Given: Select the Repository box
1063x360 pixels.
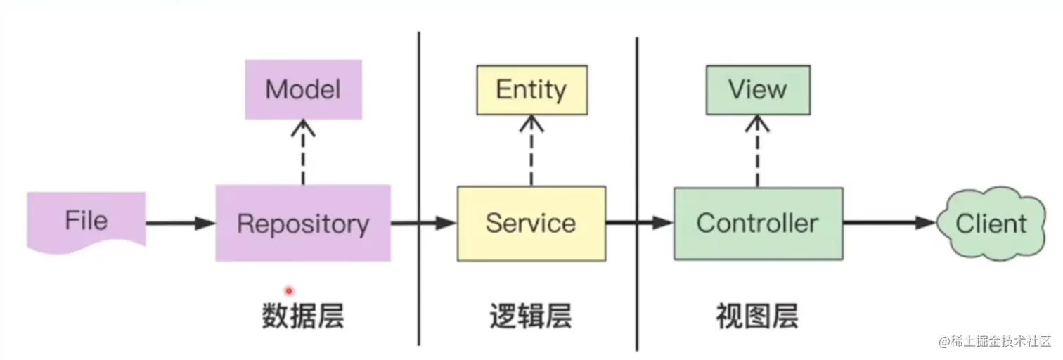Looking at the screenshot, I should (303, 224).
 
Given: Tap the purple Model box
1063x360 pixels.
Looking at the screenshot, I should (303, 89).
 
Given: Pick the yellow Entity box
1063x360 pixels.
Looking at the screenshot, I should (531, 90).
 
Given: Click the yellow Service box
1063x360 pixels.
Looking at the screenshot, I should (531, 224).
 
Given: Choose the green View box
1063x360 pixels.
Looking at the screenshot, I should (757, 90).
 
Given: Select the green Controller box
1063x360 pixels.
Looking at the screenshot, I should (758, 224).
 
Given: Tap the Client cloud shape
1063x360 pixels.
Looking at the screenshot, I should (991, 224).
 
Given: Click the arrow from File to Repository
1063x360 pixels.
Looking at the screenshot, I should (180, 224).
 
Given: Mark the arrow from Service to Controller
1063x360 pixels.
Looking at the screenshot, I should (639, 224).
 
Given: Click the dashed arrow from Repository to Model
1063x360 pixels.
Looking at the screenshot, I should (303, 152).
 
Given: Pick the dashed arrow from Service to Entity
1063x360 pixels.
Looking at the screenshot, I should (531, 150).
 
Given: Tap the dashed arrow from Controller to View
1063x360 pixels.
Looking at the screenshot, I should (757, 150).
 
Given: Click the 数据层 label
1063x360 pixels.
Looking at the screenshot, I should (303, 317).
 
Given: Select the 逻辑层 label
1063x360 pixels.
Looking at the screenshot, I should (530, 317).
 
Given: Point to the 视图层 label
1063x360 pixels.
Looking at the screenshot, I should (757, 317).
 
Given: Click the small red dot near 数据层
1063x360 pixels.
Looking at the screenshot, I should (288, 290).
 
